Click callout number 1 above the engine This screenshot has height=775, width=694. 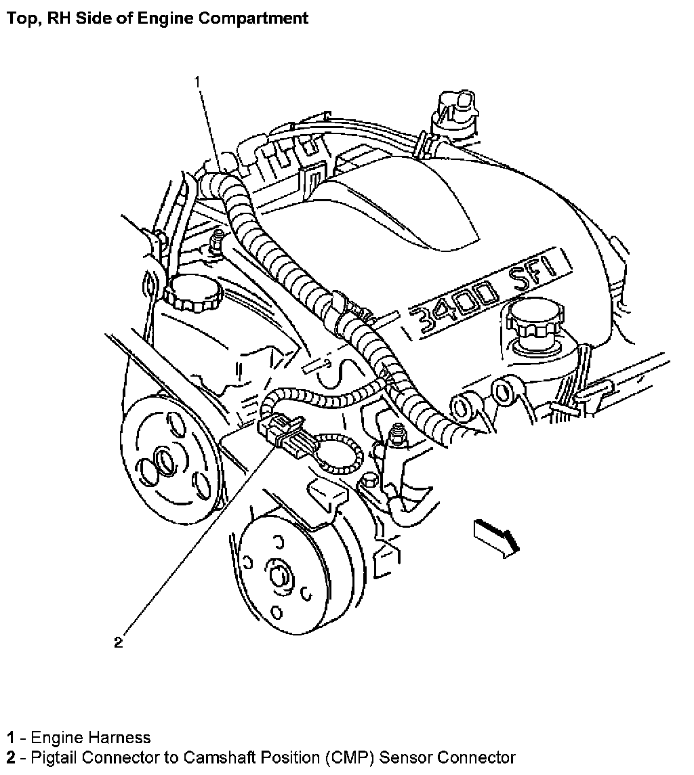197,82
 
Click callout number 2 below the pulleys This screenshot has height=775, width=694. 118,643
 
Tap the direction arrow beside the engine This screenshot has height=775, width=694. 497,539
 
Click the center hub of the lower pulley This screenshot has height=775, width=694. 279,575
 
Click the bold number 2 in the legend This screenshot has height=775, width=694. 11,757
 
